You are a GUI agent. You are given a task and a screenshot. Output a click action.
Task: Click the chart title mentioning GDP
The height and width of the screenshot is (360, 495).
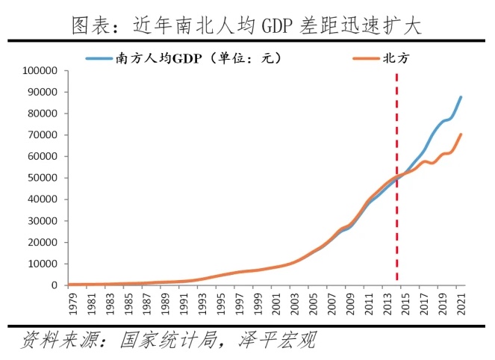coord(246,26)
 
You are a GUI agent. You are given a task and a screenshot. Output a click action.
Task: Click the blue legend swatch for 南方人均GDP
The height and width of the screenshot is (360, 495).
coord(99,58)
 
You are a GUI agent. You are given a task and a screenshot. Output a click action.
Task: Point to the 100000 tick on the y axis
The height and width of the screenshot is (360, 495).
coord(40,71)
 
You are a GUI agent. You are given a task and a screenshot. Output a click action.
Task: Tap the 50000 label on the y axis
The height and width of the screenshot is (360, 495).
coord(43,178)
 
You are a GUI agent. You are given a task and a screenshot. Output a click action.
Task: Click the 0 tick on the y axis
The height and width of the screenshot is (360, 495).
coord(55,285)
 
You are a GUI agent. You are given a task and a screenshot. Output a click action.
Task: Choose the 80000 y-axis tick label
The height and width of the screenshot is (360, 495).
coord(43,114)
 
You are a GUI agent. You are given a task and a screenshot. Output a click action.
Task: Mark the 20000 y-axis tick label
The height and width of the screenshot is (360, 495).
coord(43,242)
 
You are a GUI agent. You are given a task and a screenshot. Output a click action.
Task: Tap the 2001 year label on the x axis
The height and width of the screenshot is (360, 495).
coord(276,304)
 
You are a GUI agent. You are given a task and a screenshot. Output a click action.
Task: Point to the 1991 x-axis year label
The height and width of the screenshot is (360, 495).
coord(184,304)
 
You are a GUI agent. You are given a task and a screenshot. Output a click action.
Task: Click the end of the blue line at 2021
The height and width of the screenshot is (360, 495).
coord(461,97)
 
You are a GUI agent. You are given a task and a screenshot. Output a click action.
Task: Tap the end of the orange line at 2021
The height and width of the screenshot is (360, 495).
coord(461,135)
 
